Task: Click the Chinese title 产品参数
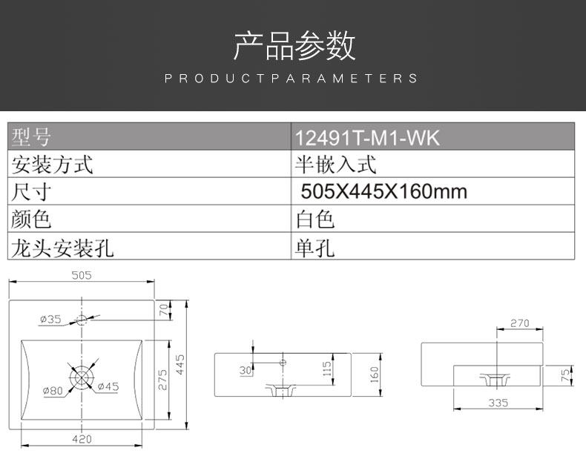(294, 46)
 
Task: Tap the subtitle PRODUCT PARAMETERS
(292, 79)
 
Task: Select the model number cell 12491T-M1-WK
(367, 138)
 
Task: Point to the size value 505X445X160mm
(383, 192)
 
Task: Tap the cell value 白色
(315, 219)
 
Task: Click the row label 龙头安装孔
(62, 247)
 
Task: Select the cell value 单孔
(315, 247)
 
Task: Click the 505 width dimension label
(81, 276)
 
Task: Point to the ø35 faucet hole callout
(50, 320)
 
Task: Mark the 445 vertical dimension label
(180, 364)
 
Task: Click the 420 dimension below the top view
(82, 439)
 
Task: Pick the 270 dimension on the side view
(520, 323)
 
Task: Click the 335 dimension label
(498, 403)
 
